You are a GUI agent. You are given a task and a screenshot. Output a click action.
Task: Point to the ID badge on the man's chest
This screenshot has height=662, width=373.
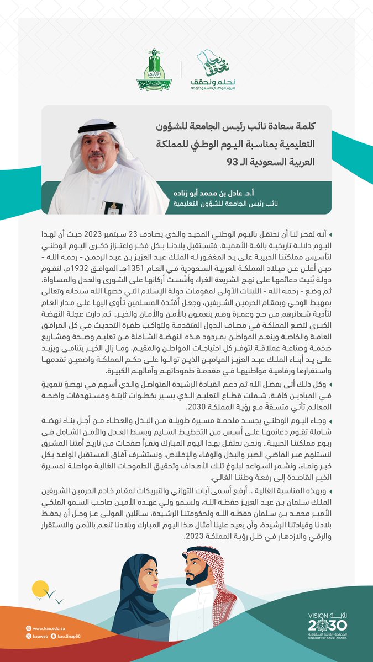point(113,208)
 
